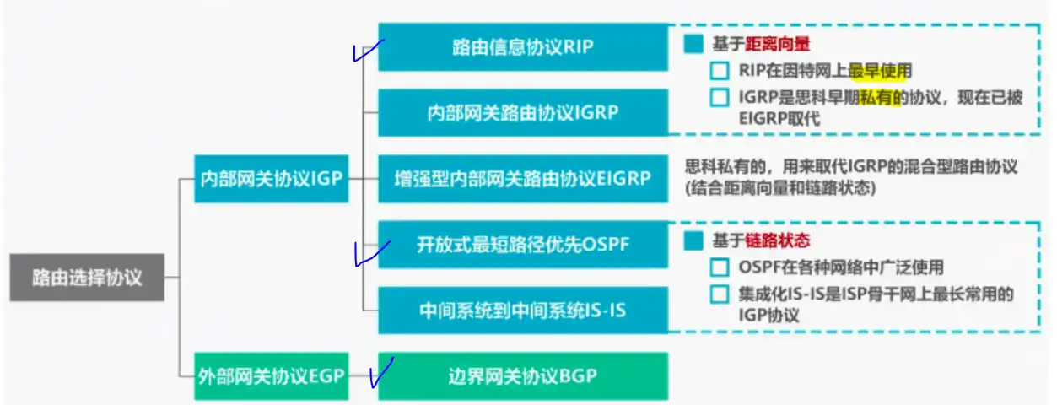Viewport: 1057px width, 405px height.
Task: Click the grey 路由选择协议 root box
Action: pos(87,277)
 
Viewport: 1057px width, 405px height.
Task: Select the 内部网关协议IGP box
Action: pos(272,178)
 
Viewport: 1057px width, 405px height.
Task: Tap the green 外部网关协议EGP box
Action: pos(272,375)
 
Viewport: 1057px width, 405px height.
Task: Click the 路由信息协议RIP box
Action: pos(523,46)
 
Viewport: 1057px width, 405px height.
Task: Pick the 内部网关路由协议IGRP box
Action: pos(523,112)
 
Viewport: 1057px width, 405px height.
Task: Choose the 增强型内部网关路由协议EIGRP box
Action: pos(523,178)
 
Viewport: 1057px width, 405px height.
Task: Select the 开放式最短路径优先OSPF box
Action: pos(523,244)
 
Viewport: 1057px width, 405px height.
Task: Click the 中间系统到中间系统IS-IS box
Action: pos(523,310)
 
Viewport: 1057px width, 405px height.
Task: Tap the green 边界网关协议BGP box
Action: pos(523,375)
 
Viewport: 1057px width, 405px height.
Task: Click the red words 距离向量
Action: pos(778,44)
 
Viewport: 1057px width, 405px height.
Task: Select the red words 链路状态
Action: pos(778,240)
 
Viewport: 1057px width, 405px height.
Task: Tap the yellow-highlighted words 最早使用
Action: pos(880,71)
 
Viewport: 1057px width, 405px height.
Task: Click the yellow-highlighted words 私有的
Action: pos(881,98)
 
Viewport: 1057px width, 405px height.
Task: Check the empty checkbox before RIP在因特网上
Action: pos(719,71)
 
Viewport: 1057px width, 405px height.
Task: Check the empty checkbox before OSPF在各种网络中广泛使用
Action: pos(719,267)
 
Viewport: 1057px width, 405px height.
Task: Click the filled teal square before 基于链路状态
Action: pos(693,240)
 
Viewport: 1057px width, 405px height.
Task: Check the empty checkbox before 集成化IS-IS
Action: pos(719,294)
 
